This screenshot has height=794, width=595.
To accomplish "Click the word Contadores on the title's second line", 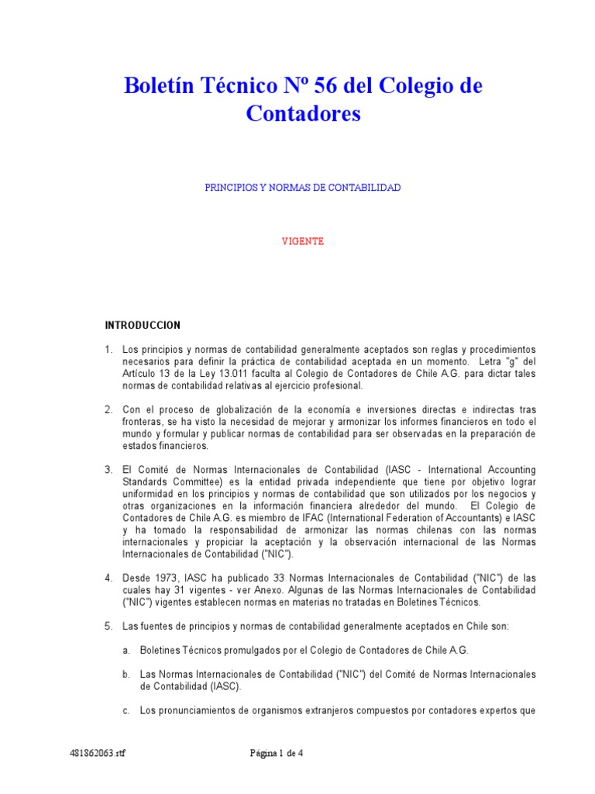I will (304, 114).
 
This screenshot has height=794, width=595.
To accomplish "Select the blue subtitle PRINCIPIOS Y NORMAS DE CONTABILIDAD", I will (302, 188).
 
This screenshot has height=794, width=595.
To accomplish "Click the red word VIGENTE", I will (302, 241).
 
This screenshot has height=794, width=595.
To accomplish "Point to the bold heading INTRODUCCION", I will (143, 325).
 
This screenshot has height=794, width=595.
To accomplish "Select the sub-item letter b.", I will (126, 674).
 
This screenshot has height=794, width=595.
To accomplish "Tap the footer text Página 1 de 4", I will (277, 752).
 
